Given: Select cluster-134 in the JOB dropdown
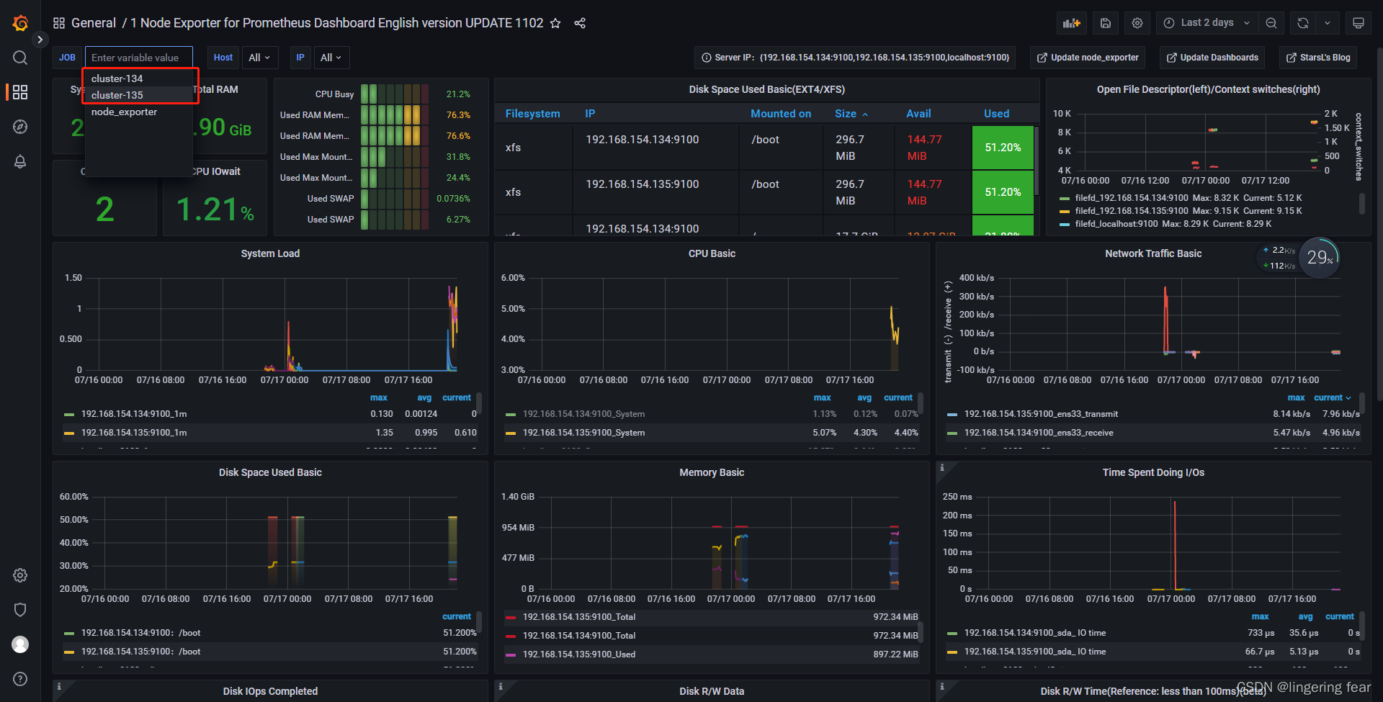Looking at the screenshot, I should (x=117, y=78).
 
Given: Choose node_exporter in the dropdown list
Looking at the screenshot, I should (x=124, y=112).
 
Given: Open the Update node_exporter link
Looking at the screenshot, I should (x=1088, y=58).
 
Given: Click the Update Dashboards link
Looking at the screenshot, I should (x=1212, y=58).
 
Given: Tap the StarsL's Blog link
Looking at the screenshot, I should (x=1318, y=58).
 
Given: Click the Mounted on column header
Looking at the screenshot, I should (x=780, y=114).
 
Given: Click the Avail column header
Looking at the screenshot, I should (x=918, y=114).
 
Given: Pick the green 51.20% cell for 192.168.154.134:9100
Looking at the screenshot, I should (x=1003, y=148).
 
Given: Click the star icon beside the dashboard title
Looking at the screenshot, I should (x=555, y=23).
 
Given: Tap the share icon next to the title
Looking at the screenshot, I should (x=580, y=23).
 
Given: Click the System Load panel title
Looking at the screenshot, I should (x=270, y=253).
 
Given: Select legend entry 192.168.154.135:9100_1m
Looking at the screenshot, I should (x=134, y=433).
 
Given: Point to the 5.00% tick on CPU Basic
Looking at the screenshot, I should (x=513, y=309).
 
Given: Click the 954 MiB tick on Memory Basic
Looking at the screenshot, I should (x=518, y=528).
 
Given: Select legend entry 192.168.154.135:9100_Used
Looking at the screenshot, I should (x=578, y=654).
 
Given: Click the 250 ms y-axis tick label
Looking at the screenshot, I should (x=957, y=497).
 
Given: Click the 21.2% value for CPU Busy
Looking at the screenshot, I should (x=458, y=94).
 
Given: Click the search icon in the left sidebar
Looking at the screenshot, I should (x=20, y=58).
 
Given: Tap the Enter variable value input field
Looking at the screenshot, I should (x=138, y=58).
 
